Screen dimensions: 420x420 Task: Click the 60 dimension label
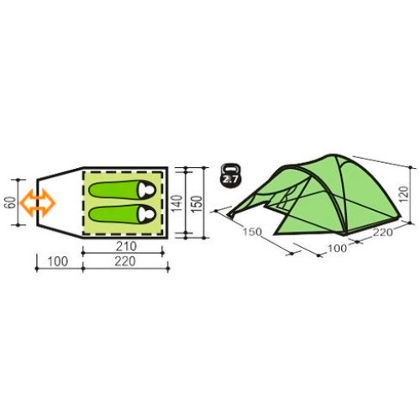tap(10, 202)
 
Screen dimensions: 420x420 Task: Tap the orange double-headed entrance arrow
tap(38, 202)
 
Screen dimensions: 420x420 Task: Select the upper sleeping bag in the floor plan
tap(122, 190)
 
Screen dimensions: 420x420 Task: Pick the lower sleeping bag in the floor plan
tap(122, 214)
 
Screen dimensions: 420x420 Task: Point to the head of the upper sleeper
tap(147, 190)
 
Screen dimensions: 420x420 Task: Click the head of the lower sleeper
tap(147, 214)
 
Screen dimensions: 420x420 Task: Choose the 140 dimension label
tap(176, 203)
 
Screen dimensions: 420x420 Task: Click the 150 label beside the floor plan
tap(197, 203)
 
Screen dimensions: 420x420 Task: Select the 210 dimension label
tap(126, 246)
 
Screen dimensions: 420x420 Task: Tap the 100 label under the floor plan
tap(58, 261)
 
